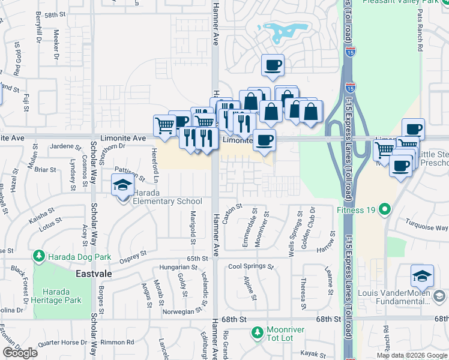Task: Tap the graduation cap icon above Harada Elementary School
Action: pyautogui.click(x=122, y=185)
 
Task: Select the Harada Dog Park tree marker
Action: pyautogui.click(x=40, y=257)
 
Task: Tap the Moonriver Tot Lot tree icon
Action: pyautogui.click(x=258, y=331)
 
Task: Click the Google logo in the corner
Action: pyautogui.click(x=20, y=353)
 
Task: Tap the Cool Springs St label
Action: pyautogui.click(x=250, y=266)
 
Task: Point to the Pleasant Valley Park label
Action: pyautogui.click(x=402, y=2)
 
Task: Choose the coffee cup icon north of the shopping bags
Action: pyautogui.click(x=273, y=65)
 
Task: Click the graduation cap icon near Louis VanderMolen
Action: pyautogui.click(x=422, y=276)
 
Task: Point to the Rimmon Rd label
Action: pyautogui.click(x=117, y=343)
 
